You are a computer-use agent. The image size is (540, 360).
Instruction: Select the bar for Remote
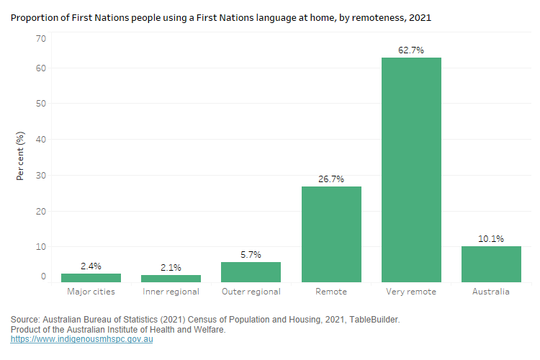point(331,234)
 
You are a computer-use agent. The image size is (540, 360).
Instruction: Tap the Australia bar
point(491,264)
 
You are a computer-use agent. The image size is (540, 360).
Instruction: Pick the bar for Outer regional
point(251,271)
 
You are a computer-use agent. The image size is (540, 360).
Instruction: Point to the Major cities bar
point(91,277)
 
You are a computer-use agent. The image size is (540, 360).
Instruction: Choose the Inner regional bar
point(171,278)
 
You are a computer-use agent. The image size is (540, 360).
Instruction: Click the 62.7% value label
point(411,50)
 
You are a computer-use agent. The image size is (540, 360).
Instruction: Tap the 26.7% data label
point(331,179)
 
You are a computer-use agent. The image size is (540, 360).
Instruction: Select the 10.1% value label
point(491,238)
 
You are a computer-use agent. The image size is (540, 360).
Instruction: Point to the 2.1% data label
point(171,267)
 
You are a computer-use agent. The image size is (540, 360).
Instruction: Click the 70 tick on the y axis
point(40,38)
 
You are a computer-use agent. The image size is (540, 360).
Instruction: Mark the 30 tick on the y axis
point(40,176)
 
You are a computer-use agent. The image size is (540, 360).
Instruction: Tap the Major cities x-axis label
point(91,292)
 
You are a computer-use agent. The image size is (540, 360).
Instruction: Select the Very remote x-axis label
point(411,292)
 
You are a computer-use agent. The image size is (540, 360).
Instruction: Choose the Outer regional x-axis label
point(251,292)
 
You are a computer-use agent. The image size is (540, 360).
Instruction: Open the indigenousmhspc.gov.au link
point(81,339)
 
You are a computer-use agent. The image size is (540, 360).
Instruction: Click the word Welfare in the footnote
point(209,329)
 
